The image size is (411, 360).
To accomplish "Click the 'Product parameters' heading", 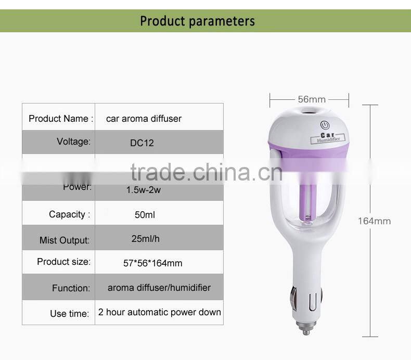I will (x=198, y=21).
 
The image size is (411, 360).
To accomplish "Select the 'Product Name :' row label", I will (x=61, y=119).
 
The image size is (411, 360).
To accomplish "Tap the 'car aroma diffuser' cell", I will (x=144, y=119).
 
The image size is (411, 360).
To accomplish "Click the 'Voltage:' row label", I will (x=73, y=142).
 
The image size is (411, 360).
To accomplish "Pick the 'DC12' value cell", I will (x=142, y=143).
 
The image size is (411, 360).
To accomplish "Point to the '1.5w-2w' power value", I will (x=144, y=190).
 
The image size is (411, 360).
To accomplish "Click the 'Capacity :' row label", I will (x=69, y=214).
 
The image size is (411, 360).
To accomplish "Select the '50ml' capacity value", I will (x=144, y=214).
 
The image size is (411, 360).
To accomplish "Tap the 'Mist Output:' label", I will (x=65, y=240).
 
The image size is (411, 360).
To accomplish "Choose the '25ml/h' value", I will (x=146, y=239).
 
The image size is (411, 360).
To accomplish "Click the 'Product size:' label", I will (x=63, y=262).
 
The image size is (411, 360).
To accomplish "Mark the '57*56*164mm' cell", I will (x=152, y=263).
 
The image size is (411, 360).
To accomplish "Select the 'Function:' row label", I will (x=71, y=288).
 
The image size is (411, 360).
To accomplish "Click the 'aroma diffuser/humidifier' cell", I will (x=159, y=287).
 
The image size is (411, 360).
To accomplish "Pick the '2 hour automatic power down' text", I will (x=160, y=312).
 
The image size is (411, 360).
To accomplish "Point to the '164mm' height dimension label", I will (x=374, y=221).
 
